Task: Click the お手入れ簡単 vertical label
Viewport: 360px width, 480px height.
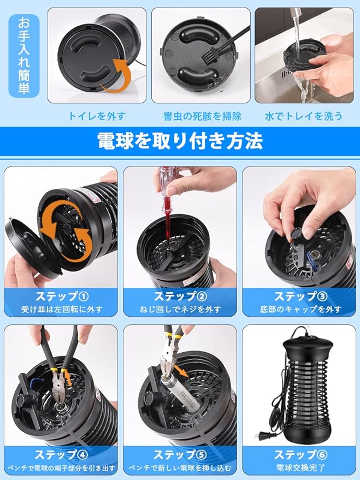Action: (x=24, y=55)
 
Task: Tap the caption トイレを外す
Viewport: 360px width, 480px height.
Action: (x=97, y=116)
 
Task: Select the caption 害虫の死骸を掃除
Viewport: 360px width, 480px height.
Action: (x=202, y=116)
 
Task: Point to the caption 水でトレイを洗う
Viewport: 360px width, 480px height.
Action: (x=303, y=116)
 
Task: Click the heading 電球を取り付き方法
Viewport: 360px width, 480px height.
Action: (x=180, y=141)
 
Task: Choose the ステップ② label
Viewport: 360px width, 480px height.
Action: (x=181, y=297)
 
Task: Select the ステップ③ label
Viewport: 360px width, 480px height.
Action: (x=301, y=297)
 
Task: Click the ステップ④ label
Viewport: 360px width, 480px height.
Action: (x=62, y=455)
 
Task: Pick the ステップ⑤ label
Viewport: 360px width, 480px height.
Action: (x=180, y=455)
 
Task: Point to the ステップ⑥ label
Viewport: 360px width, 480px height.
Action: (x=301, y=455)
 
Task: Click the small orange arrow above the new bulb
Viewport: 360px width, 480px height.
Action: (x=183, y=371)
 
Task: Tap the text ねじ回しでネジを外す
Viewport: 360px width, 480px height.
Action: (x=181, y=310)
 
